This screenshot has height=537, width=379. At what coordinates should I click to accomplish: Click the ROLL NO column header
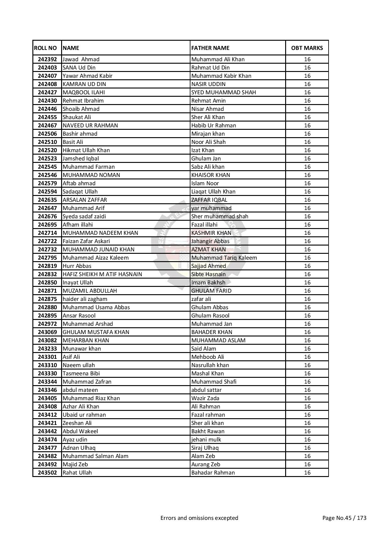[45, 48]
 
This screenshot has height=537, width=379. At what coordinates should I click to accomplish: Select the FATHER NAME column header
[210, 48]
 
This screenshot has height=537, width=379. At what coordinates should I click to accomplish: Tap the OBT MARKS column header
[307, 48]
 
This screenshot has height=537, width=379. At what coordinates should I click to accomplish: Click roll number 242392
[47, 59]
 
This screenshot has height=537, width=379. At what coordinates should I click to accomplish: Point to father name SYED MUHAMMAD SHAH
[223, 92]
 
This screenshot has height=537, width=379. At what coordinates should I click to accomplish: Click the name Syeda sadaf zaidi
[84, 216]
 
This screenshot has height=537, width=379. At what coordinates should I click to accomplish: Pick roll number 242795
[47, 258]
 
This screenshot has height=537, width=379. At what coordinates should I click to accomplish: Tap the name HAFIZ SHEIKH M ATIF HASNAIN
[102, 274]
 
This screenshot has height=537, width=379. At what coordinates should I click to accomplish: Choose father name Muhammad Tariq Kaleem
[224, 258]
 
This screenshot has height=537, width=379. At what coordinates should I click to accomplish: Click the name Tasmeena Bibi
[81, 374]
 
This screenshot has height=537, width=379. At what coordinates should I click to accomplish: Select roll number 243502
[47, 473]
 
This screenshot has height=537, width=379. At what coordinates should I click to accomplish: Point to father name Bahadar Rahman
[213, 473]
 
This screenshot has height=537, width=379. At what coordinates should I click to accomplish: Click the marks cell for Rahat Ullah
[307, 473]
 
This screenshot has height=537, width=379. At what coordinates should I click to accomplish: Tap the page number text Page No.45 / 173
[344, 518]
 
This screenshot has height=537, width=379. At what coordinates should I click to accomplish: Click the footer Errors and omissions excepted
[199, 518]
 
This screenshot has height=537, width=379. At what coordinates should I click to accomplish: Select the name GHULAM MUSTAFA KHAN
[96, 332]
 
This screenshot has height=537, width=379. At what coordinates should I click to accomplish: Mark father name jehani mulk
[206, 440]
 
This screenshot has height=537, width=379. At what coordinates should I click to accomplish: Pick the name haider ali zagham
[85, 299]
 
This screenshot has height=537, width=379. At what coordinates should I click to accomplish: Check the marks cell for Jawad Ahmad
[307, 59]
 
